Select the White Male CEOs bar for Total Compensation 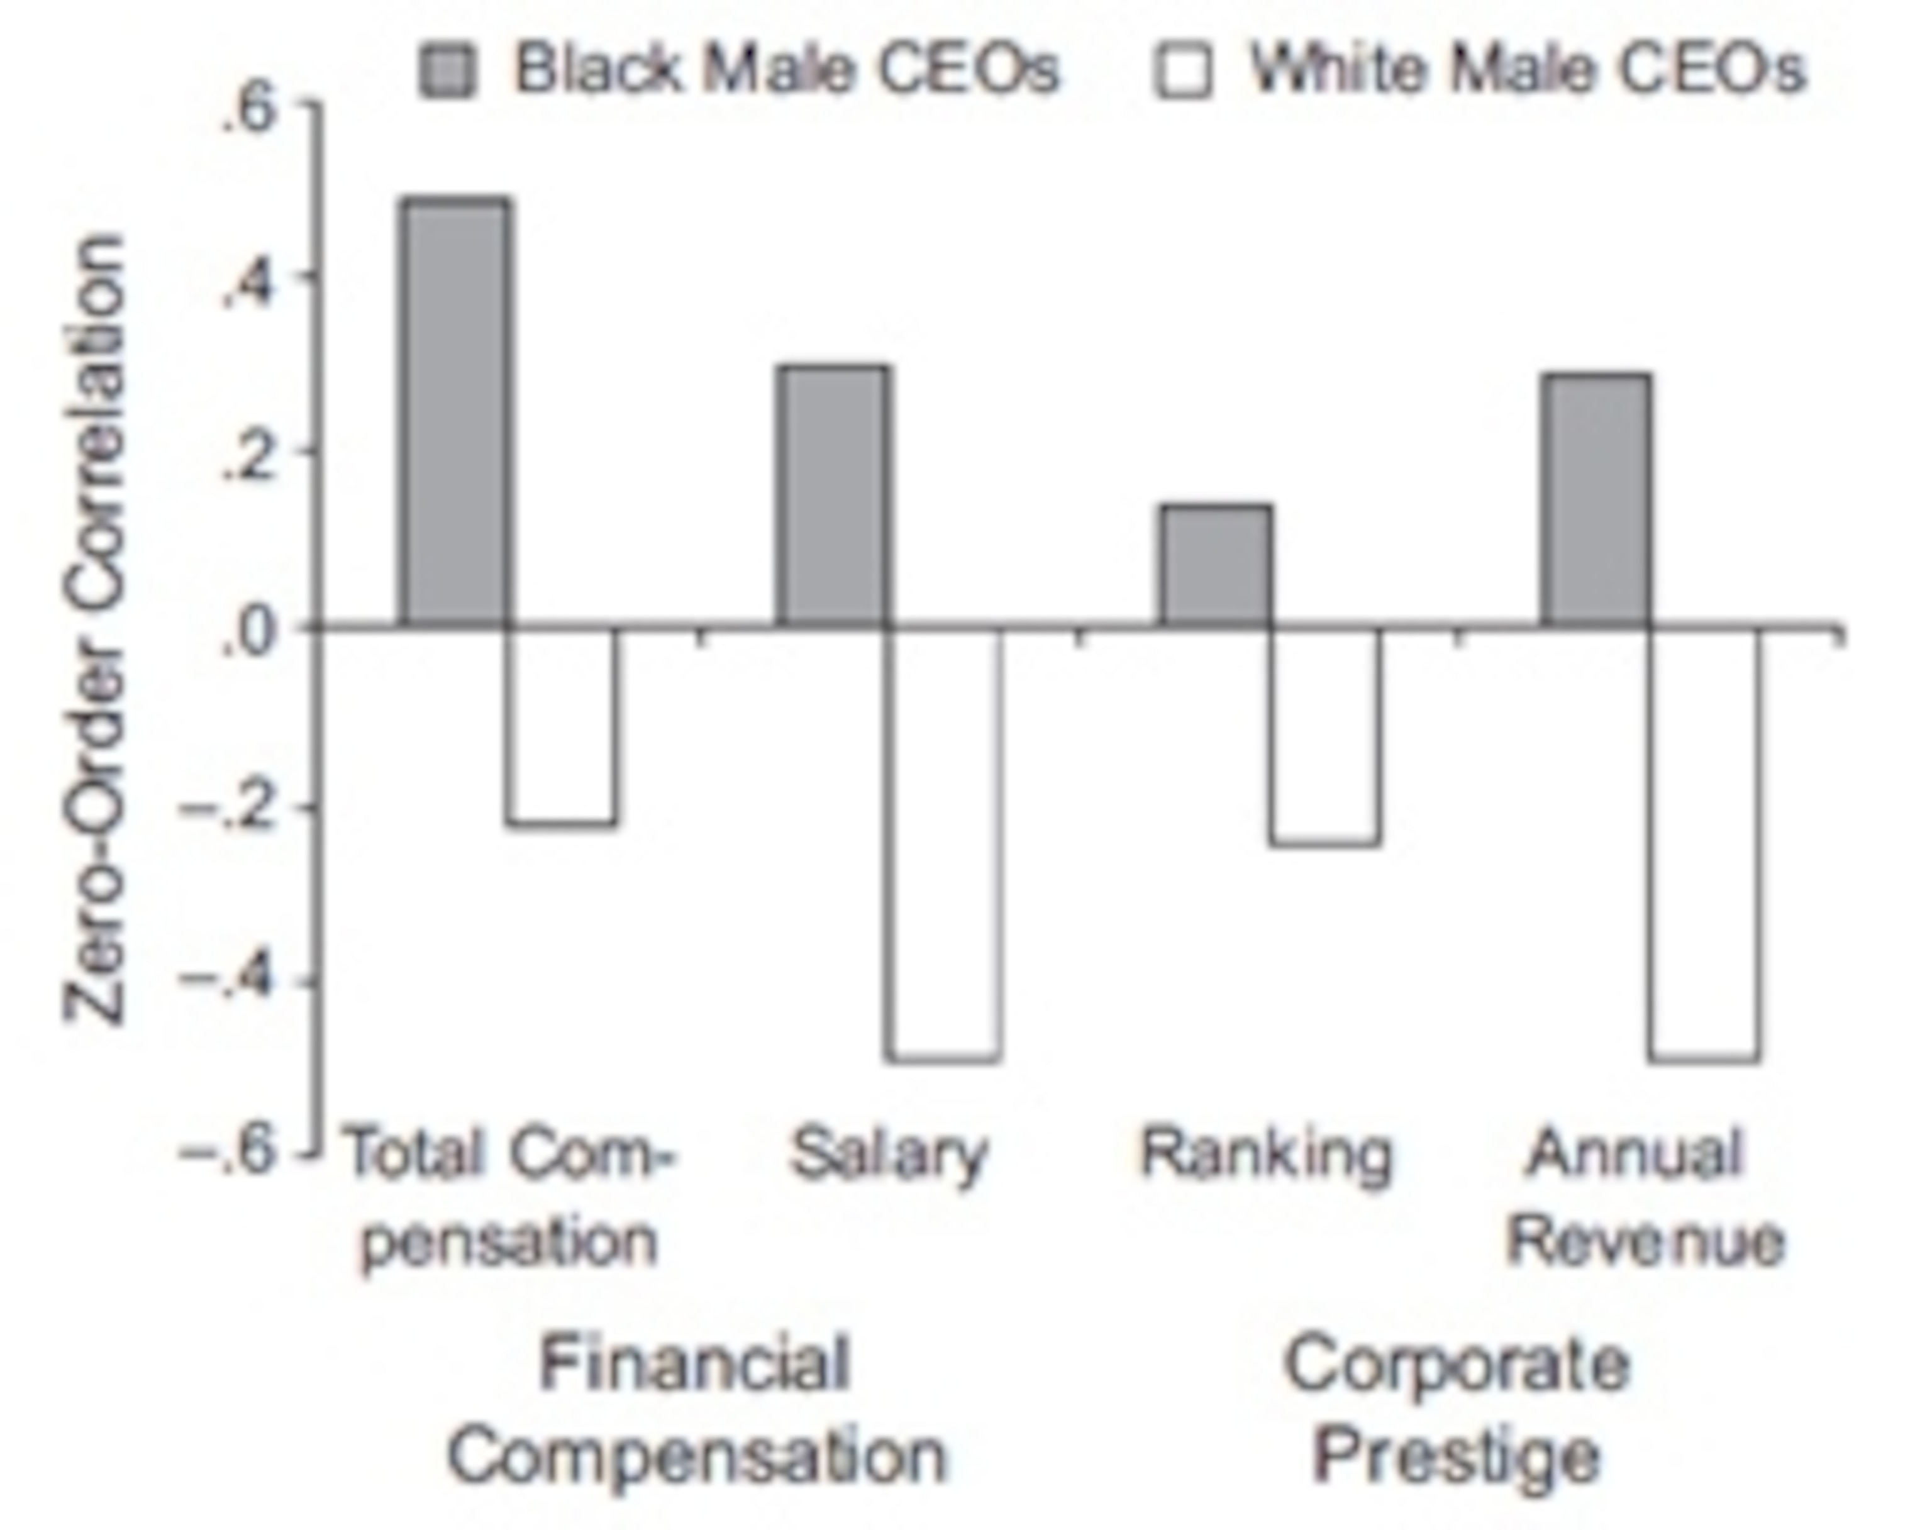coord(561,726)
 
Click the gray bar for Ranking coord(1216,566)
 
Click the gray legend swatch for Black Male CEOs coord(447,70)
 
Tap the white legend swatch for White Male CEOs coord(1182,70)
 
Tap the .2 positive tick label coord(247,457)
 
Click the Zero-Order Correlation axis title coord(94,627)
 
